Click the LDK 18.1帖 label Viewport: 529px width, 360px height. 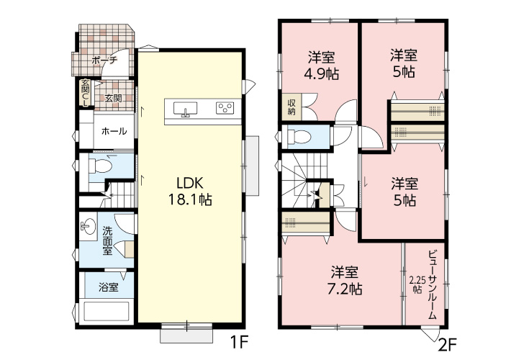(x=190, y=192)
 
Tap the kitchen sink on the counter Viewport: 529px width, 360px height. (x=185, y=109)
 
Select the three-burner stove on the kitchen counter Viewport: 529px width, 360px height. (x=225, y=108)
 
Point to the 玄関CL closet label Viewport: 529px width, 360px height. (x=86, y=93)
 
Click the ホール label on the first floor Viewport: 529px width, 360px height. (x=114, y=131)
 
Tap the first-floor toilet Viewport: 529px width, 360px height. (x=100, y=166)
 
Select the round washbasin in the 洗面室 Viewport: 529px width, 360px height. (x=89, y=226)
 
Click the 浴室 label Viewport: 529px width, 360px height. (x=109, y=287)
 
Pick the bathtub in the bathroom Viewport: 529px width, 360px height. (x=107, y=312)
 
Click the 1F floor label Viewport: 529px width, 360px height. (x=239, y=343)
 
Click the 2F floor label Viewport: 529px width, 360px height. (x=448, y=345)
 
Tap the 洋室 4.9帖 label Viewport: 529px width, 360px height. (x=322, y=66)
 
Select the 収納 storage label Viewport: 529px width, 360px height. (x=291, y=107)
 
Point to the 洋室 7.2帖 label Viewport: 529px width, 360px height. (x=345, y=281)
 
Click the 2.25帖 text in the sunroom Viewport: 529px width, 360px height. (x=415, y=285)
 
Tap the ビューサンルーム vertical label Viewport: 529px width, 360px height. (x=432, y=285)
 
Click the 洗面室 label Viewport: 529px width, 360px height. (x=108, y=240)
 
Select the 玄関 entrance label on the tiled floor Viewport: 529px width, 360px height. (x=113, y=99)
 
